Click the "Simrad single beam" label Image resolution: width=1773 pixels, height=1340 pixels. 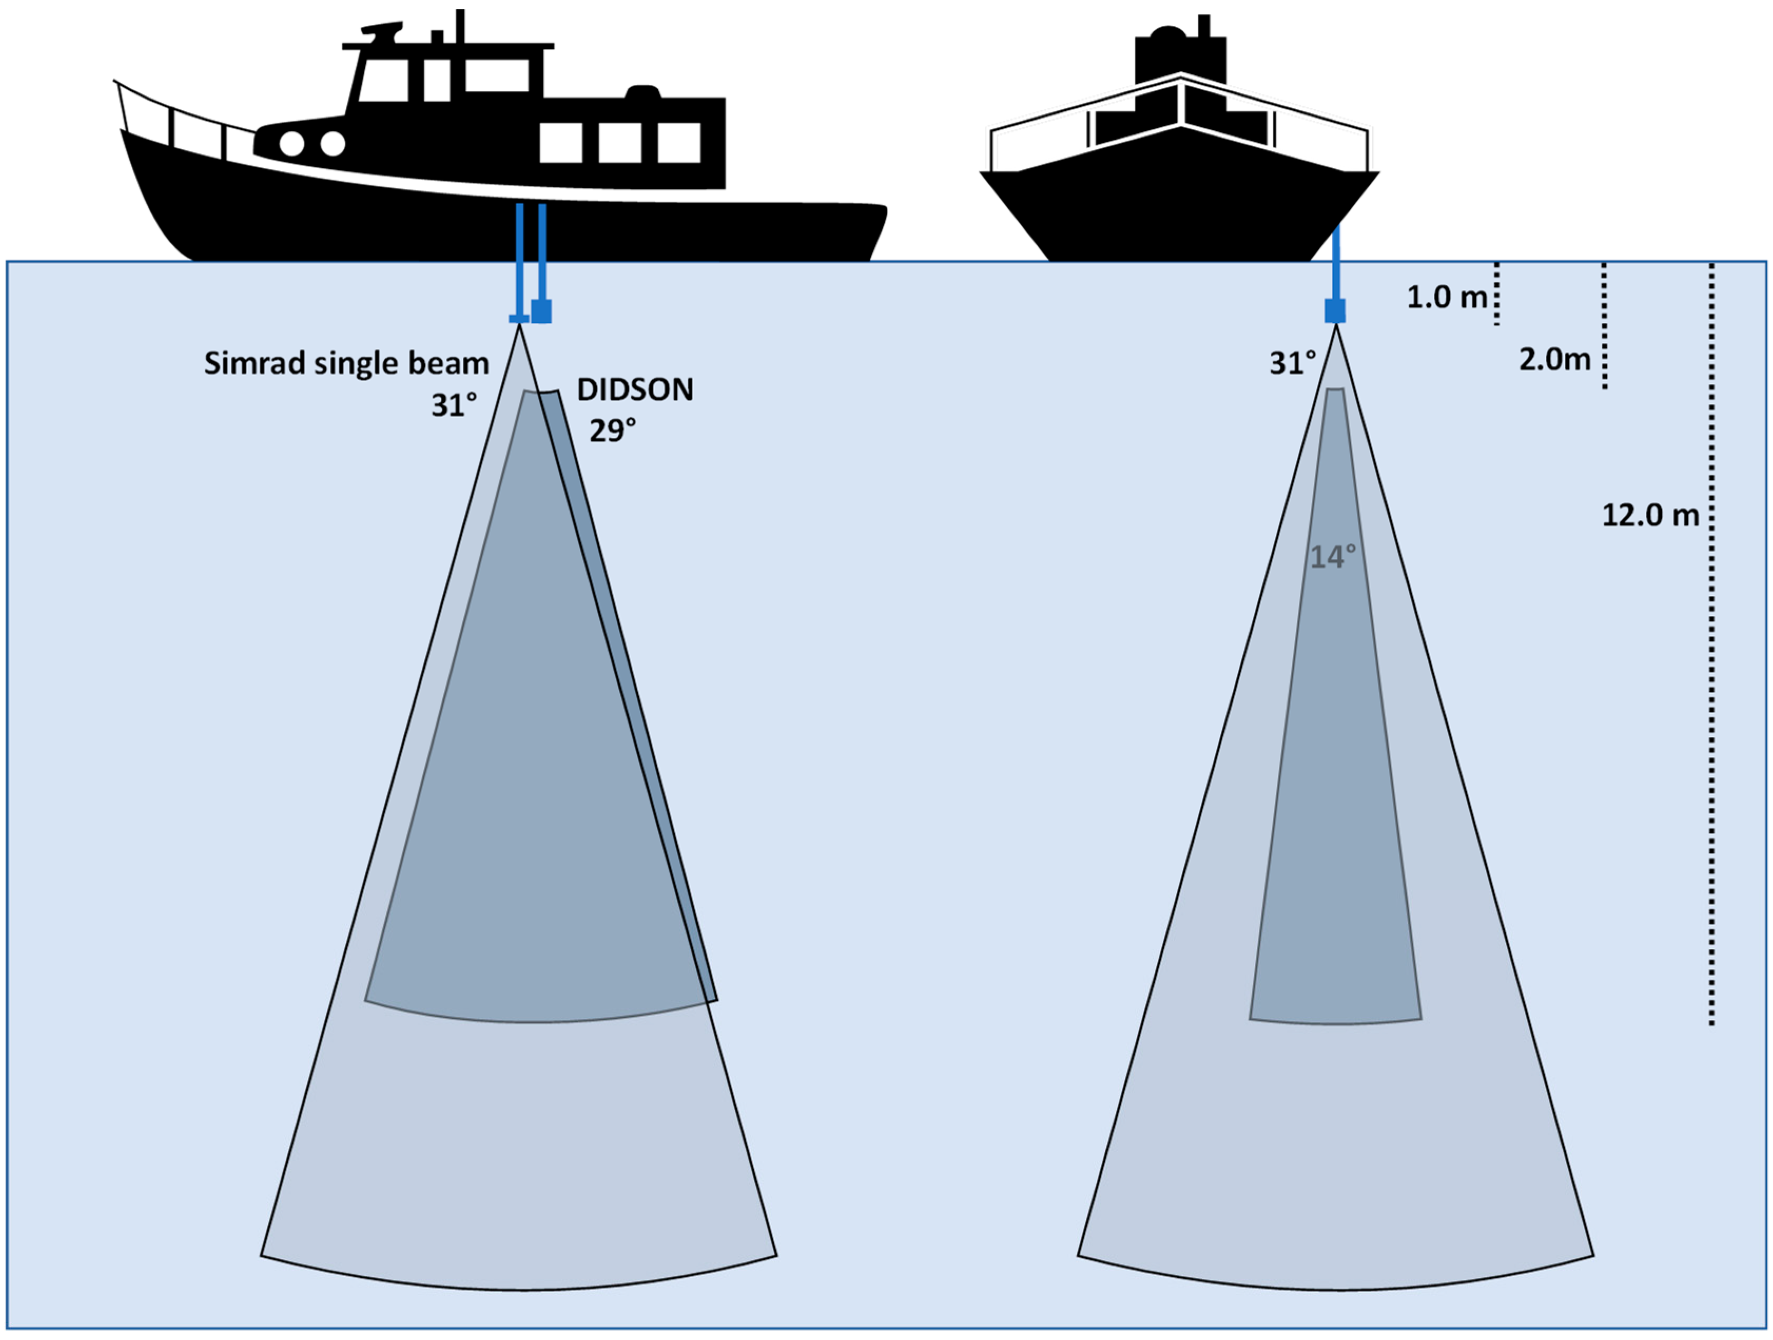pyautogui.click(x=346, y=363)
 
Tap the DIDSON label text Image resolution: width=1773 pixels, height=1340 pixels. pyautogui.click(x=635, y=390)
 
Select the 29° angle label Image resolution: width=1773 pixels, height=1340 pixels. pyautogui.click(x=612, y=431)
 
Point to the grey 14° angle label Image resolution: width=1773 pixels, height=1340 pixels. pyautogui.click(x=1332, y=556)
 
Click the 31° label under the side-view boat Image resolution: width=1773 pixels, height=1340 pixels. pyautogui.click(x=454, y=405)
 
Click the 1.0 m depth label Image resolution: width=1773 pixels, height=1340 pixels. pyautogui.click(x=1447, y=297)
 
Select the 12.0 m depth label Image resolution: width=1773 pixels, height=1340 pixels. pyautogui.click(x=1650, y=515)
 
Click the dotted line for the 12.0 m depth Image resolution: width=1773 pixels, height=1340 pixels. pyautogui.click(x=1711, y=642)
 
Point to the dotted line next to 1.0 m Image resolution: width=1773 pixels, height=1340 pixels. pyautogui.click(x=1496, y=294)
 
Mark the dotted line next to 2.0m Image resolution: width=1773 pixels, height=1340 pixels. pyautogui.click(x=1604, y=325)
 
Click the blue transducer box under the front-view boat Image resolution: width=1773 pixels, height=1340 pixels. pyautogui.click(x=1334, y=310)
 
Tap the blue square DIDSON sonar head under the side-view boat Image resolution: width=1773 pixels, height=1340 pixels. pyautogui.click(x=542, y=310)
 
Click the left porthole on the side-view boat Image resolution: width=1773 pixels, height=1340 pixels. pyautogui.click(x=292, y=143)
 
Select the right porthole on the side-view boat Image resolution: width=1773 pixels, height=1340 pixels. pyautogui.click(x=333, y=143)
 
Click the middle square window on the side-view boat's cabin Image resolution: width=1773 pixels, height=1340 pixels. pyautogui.click(x=620, y=143)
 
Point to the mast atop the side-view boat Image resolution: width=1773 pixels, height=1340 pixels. pyautogui.click(x=460, y=26)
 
